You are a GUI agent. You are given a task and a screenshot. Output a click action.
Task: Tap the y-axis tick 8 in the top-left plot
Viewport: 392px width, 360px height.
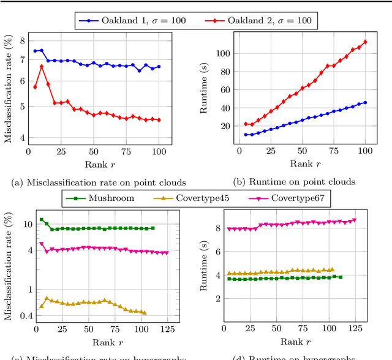pos(23,41)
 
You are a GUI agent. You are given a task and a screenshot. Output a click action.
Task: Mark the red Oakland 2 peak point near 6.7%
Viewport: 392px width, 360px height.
pos(41,66)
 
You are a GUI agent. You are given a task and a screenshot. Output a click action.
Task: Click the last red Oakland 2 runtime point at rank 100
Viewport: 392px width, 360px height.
pos(365,42)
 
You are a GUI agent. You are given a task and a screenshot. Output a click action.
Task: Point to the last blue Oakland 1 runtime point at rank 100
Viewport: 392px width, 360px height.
pos(365,102)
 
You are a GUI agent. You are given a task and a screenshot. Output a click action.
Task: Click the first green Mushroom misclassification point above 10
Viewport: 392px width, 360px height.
pos(41,219)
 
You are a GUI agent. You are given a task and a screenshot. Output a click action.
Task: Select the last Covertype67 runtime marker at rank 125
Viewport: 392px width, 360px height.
pos(353,220)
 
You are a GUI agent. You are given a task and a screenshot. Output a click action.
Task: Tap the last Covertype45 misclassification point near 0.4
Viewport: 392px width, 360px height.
pos(144,312)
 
